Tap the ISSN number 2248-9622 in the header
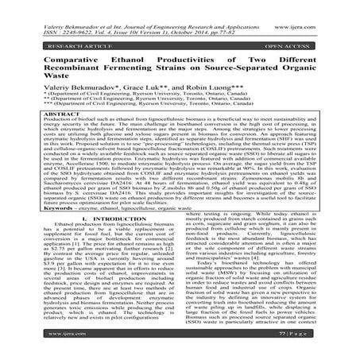coord(60,18)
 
